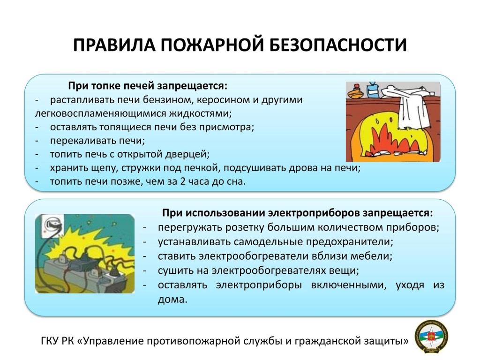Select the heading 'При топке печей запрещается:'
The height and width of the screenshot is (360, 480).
(148, 86)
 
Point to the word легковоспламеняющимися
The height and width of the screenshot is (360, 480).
(100, 113)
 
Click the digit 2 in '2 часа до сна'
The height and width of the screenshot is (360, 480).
(183, 181)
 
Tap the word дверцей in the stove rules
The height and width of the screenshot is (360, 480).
(187, 154)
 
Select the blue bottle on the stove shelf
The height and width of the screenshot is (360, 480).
(372, 90)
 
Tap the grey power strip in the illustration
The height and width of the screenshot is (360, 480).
(82, 274)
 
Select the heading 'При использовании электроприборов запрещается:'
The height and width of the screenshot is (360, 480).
(298, 213)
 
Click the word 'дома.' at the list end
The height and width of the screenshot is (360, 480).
(172, 299)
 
